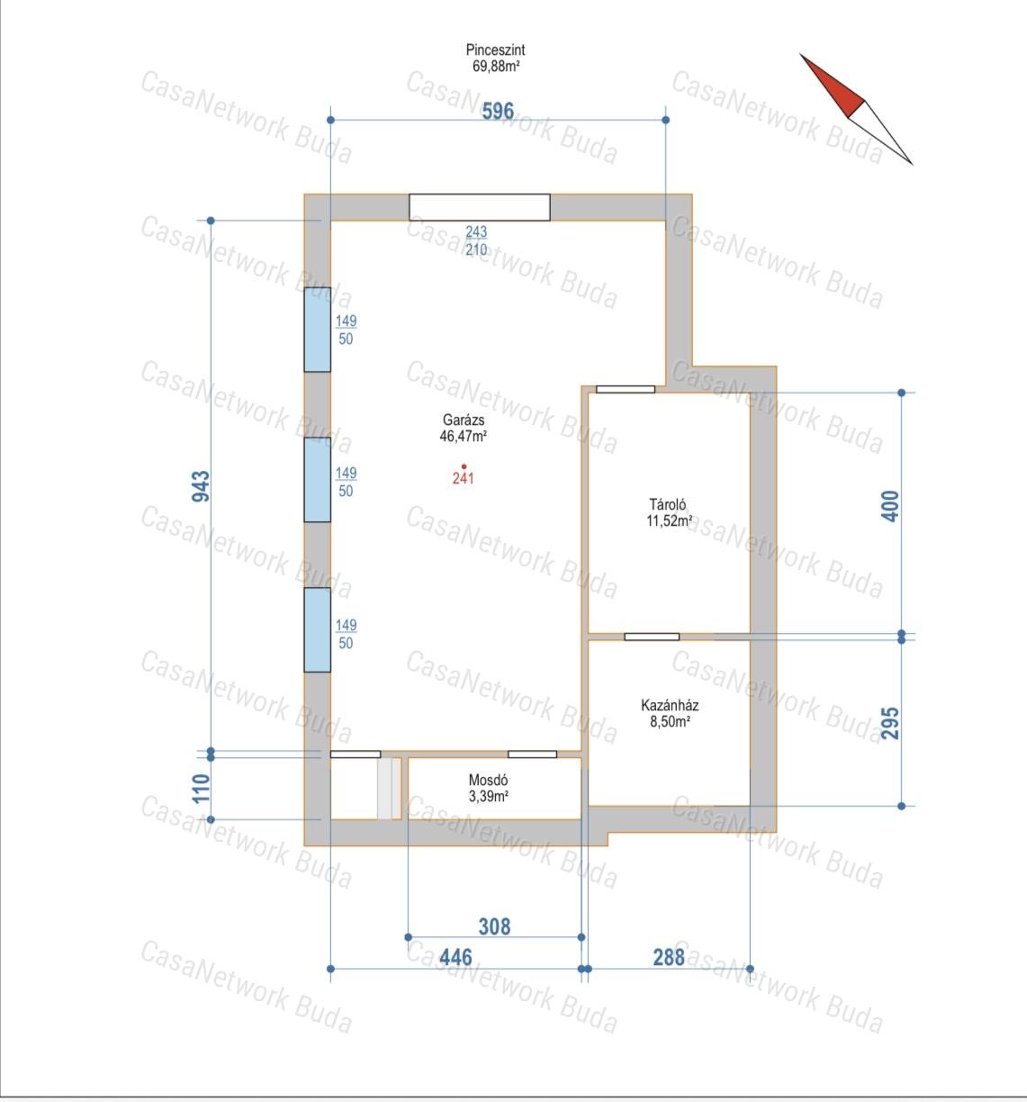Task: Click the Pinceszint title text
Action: (x=495, y=50)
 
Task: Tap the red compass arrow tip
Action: (x=800, y=54)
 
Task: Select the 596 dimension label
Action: (x=498, y=112)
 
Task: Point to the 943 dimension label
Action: (x=201, y=486)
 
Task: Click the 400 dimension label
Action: (x=890, y=506)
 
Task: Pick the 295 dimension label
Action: (x=890, y=723)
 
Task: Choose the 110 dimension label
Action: (x=201, y=788)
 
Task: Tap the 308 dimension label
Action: (x=494, y=926)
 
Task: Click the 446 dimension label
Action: (x=455, y=957)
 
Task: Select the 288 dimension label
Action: (x=669, y=957)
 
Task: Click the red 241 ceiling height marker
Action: (x=463, y=475)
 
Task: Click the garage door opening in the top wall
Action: (x=480, y=208)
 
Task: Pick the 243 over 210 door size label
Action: (x=476, y=240)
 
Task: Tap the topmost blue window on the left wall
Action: (x=318, y=330)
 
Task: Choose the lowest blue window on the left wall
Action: (x=318, y=630)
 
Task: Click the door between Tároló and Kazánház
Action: (x=652, y=637)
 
